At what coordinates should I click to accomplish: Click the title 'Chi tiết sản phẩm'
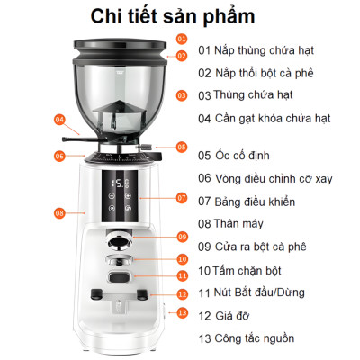click(x=179, y=17)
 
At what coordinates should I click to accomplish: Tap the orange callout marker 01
click(x=181, y=40)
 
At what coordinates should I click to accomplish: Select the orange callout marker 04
click(x=59, y=118)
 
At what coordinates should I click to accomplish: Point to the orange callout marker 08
click(x=59, y=213)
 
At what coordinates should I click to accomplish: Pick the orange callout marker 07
click(x=181, y=197)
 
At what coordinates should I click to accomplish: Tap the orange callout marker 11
click(x=181, y=276)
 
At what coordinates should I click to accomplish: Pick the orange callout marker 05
click(x=181, y=146)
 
